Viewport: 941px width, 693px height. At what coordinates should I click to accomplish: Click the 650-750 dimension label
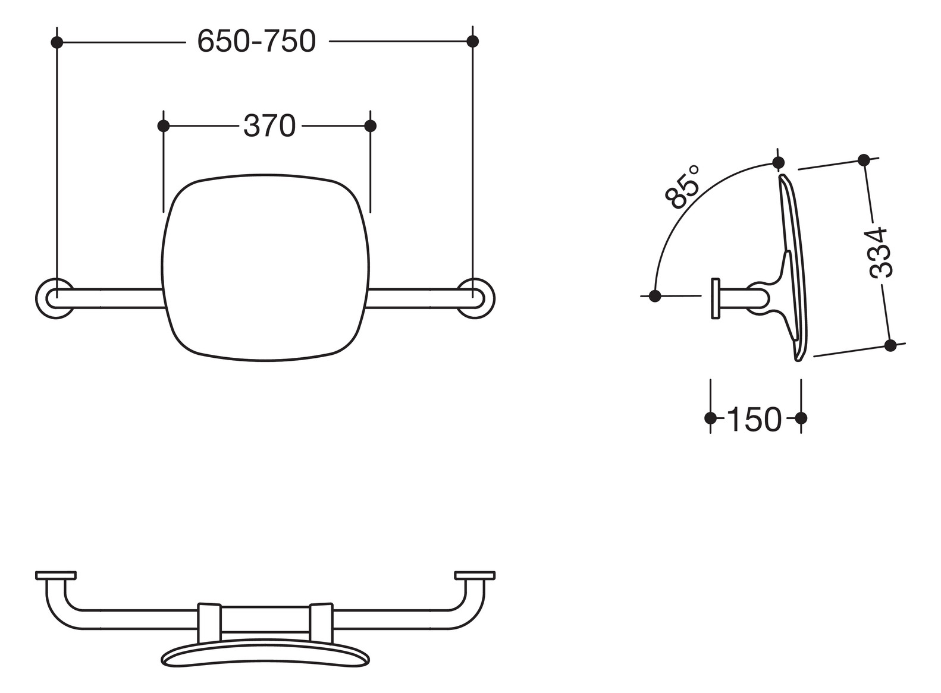pos(256,42)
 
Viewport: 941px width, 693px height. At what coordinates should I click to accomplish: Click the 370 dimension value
pos(269,126)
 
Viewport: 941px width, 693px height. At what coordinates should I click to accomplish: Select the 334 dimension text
pos(879,251)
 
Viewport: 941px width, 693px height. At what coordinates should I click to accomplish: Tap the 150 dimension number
pos(754,419)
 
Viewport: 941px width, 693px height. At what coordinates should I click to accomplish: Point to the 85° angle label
pos(683,187)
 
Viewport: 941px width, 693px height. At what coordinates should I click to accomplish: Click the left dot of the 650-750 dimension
pos(57,42)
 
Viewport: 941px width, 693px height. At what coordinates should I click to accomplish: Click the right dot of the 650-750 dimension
pos(473,42)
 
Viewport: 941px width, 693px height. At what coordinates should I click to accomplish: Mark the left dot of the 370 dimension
pos(164,126)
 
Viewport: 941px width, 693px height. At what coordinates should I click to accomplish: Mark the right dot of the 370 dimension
pos(370,126)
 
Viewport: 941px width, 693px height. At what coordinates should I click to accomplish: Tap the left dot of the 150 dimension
pos(710,418)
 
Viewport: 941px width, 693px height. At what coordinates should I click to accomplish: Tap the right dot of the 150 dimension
pos(801,418)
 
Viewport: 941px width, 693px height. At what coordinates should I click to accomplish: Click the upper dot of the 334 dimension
pos(864,160)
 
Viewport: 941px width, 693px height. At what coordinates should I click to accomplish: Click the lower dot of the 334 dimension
pos(890,345)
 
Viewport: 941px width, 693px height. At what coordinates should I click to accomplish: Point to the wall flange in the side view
pos(716,298)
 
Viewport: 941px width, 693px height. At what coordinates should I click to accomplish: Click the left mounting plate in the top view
pos(56,575)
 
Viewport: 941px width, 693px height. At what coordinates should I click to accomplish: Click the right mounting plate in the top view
pos(475,575)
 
